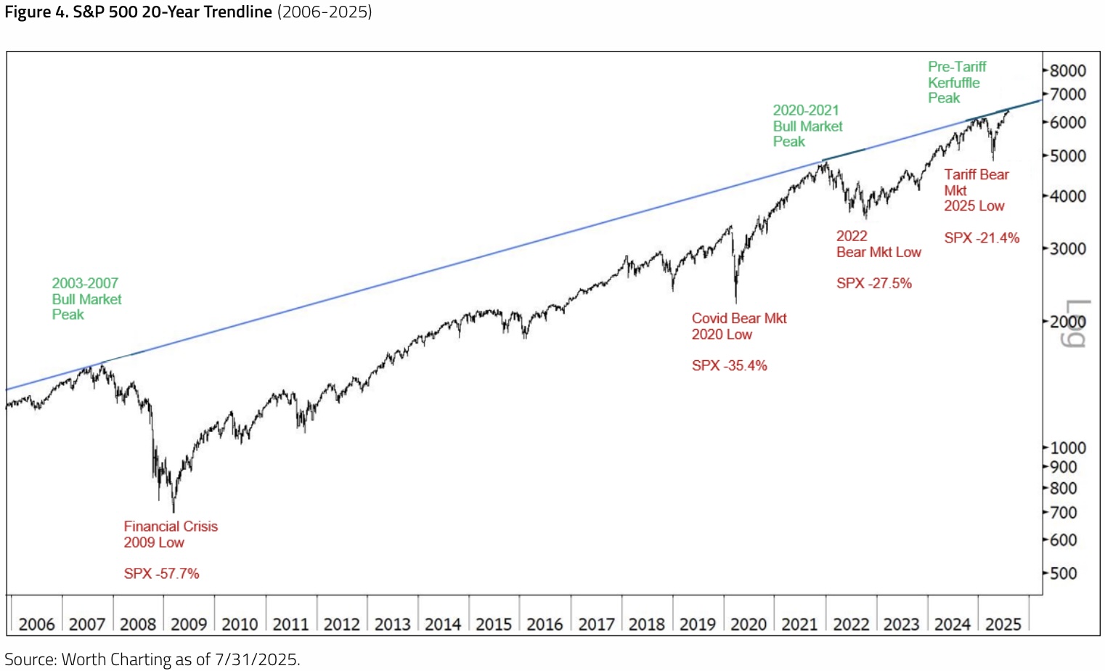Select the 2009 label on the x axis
tap(189, 624)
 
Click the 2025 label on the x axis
tap(1003, 624)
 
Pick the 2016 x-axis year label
tap(545, 624)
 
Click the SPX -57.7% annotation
tap(161, 573)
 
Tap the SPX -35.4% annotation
tap(729, 365)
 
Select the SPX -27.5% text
tap(873, 283)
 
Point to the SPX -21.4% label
tap(982, 237)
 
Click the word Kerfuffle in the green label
tap(953, 83)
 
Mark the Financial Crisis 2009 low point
tap(174, 511)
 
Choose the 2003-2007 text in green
tap(85, 283)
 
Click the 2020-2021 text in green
tap(806, 110)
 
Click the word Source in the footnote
tap(29, 659)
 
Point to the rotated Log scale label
tap(1077, 323)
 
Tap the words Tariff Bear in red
tap(976, 174)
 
